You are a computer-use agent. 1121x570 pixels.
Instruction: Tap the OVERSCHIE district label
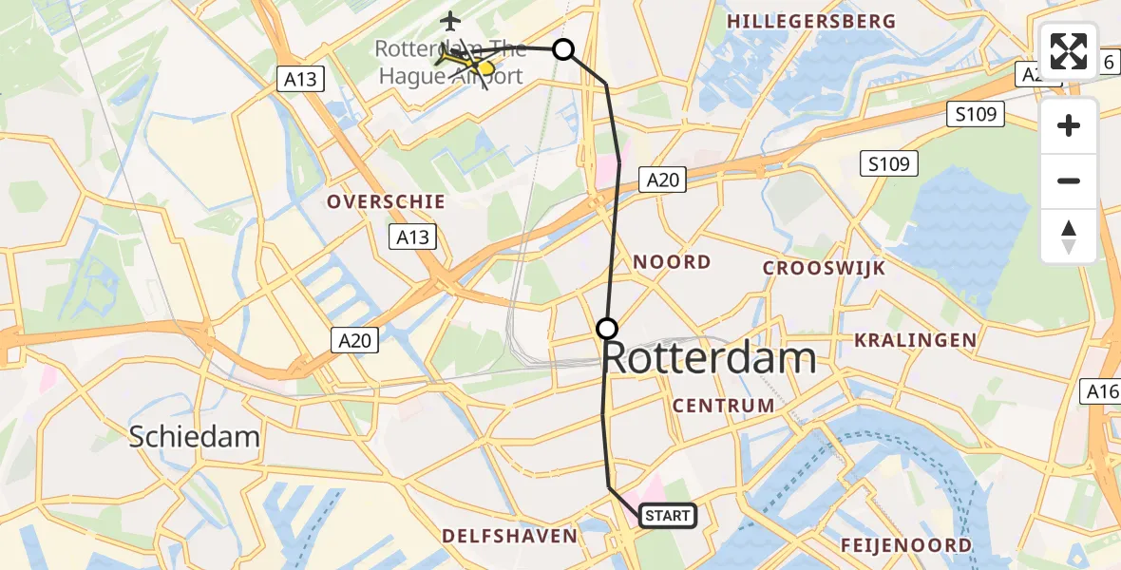click(386, 201)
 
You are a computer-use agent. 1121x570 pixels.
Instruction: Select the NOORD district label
click(672, 262)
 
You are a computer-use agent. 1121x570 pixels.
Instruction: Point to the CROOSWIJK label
click(824, 269)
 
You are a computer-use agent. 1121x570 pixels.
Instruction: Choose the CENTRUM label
click(724, 406)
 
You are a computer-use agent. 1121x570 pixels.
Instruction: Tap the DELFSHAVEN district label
click(509, 536)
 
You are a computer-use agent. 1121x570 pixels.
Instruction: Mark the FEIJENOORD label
click(906, 545)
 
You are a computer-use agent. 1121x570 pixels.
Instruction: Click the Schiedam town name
click(194, 437)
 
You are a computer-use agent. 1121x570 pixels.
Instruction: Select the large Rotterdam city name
click(710, 360)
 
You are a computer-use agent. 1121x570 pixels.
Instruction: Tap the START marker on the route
click(668, 516)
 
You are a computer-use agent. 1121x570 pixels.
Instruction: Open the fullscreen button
click(1069, 50)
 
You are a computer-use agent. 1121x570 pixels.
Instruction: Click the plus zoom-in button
click(1069, 125)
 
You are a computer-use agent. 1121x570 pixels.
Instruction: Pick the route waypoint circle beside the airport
click(563, 49)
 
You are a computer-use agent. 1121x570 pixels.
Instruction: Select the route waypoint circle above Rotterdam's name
click(607, 330)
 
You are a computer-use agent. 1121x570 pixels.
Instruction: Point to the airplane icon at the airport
click(450, 19)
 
